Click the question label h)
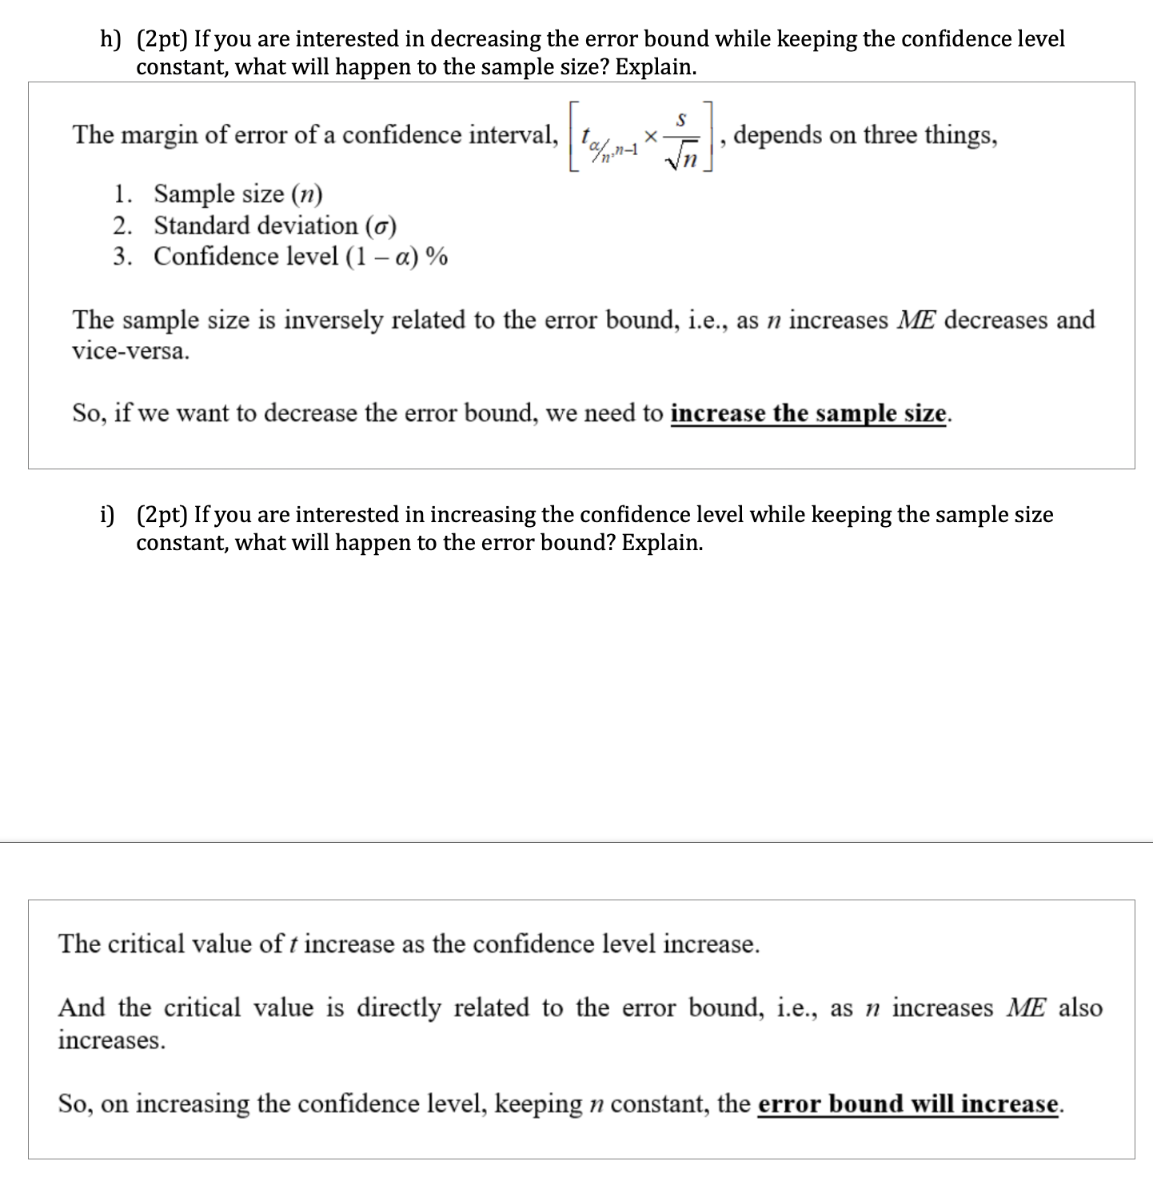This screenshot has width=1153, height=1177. (110, 39)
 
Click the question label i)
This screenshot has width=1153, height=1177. (107, 515)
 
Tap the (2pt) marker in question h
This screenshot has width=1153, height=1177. (162, 39)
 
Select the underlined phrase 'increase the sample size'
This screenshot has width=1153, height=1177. (808, 413)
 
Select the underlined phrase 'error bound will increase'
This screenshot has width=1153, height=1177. (908, 1104)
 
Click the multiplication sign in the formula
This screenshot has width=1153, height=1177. (651, 138)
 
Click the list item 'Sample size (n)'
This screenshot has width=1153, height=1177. (237, 194)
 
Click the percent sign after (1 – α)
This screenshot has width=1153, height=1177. (437, 257)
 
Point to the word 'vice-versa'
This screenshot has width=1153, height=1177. (130, 351)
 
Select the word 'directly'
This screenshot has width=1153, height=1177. (398, 1007)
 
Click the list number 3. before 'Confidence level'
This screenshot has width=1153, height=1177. (122, 257)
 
